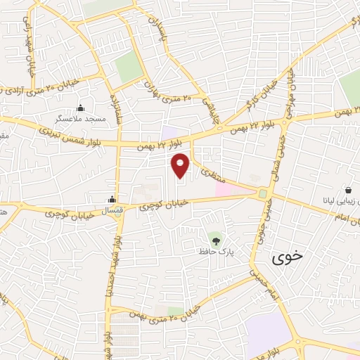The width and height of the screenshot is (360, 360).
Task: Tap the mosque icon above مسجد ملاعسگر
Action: [79, 108]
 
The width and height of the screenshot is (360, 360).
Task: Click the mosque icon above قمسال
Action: [112, 199]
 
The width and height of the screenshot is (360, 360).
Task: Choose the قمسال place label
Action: [112, 210]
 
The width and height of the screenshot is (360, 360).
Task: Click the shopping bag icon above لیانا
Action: [349, 190]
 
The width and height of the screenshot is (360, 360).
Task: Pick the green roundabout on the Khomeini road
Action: [263, 193]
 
